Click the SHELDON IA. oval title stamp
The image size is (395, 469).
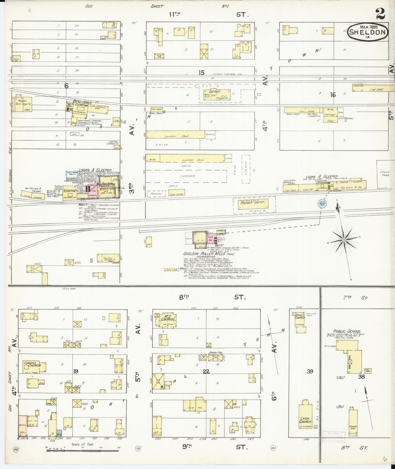368,32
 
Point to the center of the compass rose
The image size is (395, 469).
344,240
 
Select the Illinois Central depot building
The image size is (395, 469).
217,95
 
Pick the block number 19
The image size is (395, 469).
75,371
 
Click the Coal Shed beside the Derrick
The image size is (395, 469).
376,89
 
